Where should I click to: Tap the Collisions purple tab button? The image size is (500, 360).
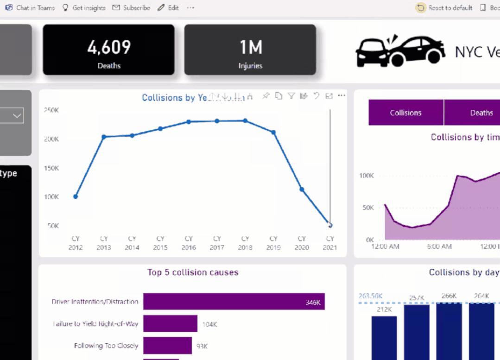tap(405, 113)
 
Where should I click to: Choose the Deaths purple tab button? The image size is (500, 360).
tap(481, 113)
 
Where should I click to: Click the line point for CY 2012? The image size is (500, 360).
tap(76, 196)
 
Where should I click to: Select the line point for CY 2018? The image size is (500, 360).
tap(245, 121)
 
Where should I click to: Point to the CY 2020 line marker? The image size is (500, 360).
tap(302, 189)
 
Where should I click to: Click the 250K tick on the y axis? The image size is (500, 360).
tap(51, 110)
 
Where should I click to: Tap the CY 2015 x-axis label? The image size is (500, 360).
tap(160, 243)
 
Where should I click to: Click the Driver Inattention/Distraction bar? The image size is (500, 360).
tap(234, 302)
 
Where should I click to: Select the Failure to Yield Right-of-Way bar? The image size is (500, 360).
tap(170, 324)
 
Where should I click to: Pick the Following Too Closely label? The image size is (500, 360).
tap(106, 346)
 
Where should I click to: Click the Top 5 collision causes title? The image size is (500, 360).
tap(193, 272)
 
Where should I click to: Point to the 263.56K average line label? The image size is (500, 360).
tap(371, 296)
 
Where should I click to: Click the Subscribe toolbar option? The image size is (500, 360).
tap(132, 8)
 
